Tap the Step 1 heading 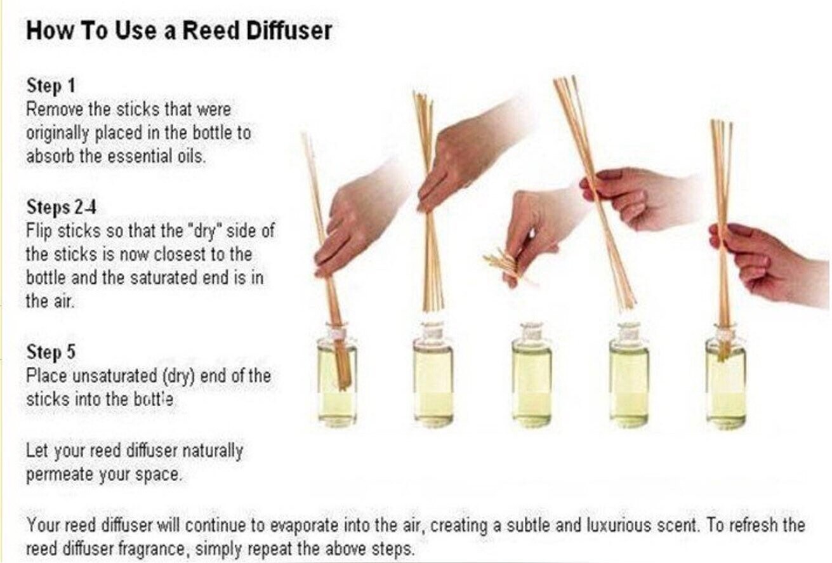click(x=51, y=86)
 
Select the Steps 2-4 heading click(x=62, y=207)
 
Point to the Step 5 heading click(x=51, y=352)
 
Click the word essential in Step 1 click(x=140, y=156)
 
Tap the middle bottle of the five click(x=532, y=374)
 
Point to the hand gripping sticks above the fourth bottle click(x=639, y=197)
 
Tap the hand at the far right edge click(x=769, y=265)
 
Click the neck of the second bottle click(x=433, y=331)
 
